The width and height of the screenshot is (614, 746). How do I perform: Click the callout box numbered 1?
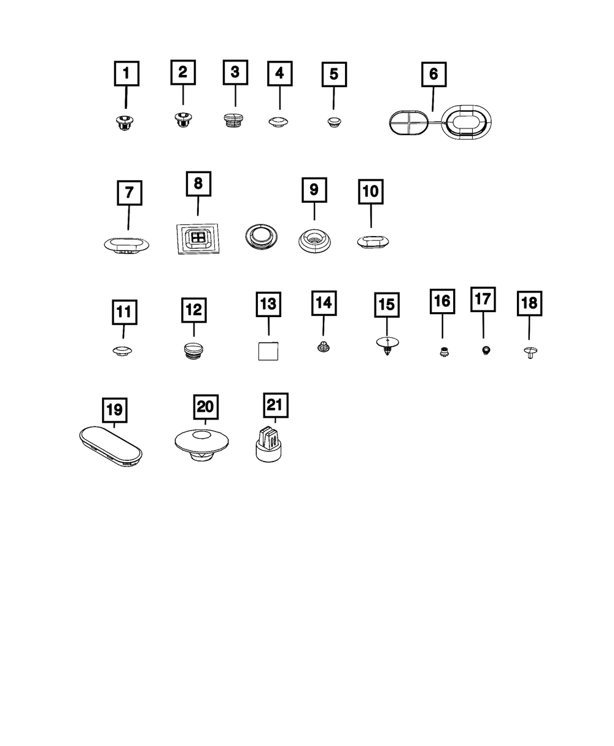(126, 74)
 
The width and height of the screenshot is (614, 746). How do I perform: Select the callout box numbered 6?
(433, 74)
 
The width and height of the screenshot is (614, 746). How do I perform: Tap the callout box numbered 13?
(268, 304)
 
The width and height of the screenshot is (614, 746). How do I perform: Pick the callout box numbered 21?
(276, 405)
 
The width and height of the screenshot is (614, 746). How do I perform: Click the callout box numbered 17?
(483, 299)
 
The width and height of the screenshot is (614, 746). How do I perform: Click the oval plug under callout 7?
(126, 245)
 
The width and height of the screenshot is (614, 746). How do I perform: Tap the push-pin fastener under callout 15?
(386, 347)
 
